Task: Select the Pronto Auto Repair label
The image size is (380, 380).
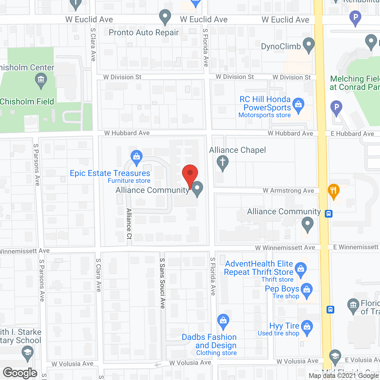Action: [144, 33]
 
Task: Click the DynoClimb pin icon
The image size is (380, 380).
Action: [309, 45]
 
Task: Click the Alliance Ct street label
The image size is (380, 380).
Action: [129, 224]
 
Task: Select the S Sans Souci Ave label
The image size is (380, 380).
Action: [162, 283]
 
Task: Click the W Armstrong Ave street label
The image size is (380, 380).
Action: [288, 191]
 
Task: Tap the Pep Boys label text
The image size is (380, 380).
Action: [282, 289]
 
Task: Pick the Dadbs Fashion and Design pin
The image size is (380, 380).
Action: [223, 321]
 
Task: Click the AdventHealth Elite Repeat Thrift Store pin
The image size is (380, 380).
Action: [301, 270]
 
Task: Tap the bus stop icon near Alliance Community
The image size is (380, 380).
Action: [328, 214]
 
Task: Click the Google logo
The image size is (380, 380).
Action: [20, 373]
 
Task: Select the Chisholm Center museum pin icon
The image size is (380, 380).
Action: [41, 80]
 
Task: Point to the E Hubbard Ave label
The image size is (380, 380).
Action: [352, 134]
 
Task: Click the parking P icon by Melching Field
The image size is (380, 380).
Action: [336, 107]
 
